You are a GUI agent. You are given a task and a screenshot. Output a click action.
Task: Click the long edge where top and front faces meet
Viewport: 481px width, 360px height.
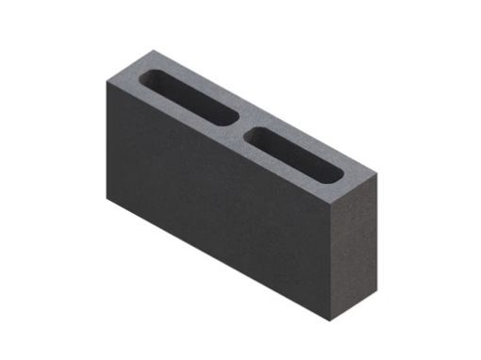(217, 140)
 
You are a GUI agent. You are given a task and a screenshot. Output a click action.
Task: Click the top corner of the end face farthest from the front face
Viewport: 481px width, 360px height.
(376, 174)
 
